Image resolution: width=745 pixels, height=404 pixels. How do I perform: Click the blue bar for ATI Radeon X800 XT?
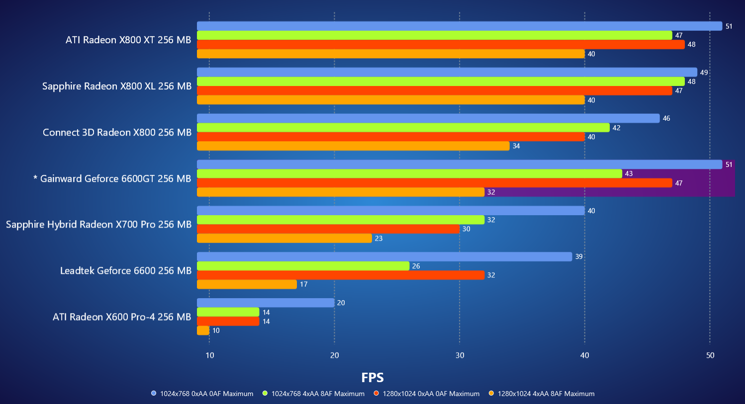(459, 26)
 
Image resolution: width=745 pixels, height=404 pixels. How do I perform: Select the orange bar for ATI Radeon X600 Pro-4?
(203, 330)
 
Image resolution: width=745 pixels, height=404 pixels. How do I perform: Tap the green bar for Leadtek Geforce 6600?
(303, 266)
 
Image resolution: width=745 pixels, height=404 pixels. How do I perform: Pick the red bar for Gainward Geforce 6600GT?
(434, 183)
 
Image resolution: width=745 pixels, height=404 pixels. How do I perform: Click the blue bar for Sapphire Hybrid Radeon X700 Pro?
(390, 211)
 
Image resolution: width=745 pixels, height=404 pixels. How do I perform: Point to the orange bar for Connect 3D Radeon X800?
(353, 146)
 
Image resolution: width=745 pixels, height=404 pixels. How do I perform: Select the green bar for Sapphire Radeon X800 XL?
(441, 81)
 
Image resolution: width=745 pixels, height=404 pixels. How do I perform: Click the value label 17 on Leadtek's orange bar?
(304, 284)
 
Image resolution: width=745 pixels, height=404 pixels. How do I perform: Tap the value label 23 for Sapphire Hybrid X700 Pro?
(379, 239)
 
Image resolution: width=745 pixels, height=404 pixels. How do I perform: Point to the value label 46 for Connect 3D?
(666, 118)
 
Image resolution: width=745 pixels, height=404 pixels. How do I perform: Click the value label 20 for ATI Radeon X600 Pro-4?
(341, 303)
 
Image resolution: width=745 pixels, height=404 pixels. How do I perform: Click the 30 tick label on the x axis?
(460, 355)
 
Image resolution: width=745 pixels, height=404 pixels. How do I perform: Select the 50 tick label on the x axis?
(710, 355)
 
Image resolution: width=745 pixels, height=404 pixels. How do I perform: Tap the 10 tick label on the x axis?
(210, 355)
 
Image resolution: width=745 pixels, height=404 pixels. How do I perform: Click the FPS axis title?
(372, 378)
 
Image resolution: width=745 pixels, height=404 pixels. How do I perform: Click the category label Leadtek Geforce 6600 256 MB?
(126, 271)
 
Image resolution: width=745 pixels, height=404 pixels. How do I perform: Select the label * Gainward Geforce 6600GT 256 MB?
(112, 178)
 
